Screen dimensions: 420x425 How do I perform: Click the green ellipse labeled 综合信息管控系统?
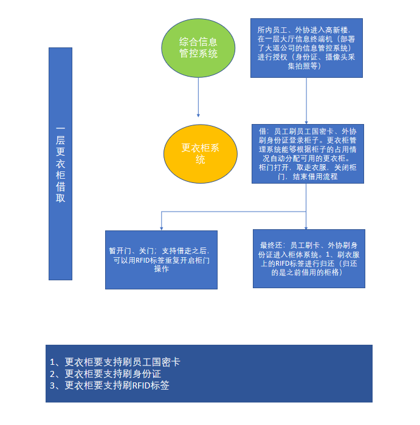[x=198, y=48]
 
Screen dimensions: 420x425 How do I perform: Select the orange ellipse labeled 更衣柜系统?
[x=200, y=154]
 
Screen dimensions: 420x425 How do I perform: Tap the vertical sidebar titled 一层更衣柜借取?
[x=60, y=164]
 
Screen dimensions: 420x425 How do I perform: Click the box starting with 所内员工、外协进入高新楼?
[x=306, y=48]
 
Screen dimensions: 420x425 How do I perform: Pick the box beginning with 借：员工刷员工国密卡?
[x=308, y=154]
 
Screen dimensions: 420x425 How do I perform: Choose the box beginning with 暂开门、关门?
[x=161, y=260]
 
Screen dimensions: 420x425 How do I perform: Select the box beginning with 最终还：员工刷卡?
[x=309, y=258]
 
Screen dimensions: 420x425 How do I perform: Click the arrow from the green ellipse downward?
[x=198, y=97]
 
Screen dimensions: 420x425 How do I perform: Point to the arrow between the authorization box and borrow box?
[x=306, y=101]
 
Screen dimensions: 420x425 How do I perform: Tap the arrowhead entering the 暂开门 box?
[x=162, y=229]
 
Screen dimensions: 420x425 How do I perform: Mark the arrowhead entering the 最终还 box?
[x=306, y=228]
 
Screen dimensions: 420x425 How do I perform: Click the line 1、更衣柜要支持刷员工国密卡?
[x=115, y=362]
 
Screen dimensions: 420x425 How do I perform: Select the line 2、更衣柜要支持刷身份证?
[x=105, y=374]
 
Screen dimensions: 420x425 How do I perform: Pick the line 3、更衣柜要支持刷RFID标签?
[x=109, y=385]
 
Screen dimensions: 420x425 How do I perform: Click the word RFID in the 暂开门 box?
[x=142, y=260]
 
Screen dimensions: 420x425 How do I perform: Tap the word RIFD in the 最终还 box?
[x=283, y=263]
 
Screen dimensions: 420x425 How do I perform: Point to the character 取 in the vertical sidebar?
[x=60, y=198]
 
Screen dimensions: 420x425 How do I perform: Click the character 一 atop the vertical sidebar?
[x=60, y=128]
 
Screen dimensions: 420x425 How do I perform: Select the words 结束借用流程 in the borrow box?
[x=315, y=177]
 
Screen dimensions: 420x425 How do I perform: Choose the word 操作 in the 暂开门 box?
[x=162, y=269]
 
